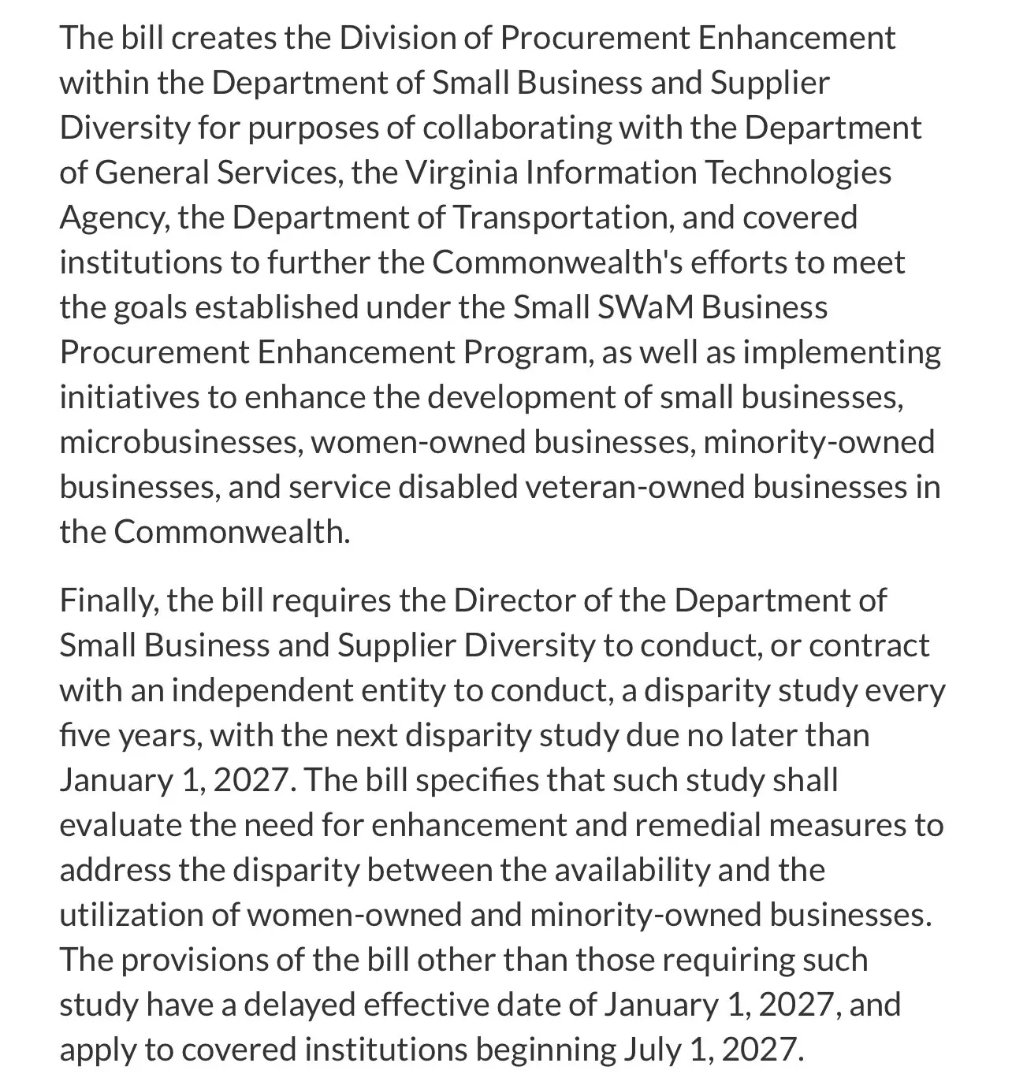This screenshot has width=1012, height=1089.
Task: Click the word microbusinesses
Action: coord(180,442)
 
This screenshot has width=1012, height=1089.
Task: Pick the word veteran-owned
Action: coord(634,487)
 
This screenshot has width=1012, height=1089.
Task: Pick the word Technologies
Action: coord(796,173)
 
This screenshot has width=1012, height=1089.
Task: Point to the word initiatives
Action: coord(128,397)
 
